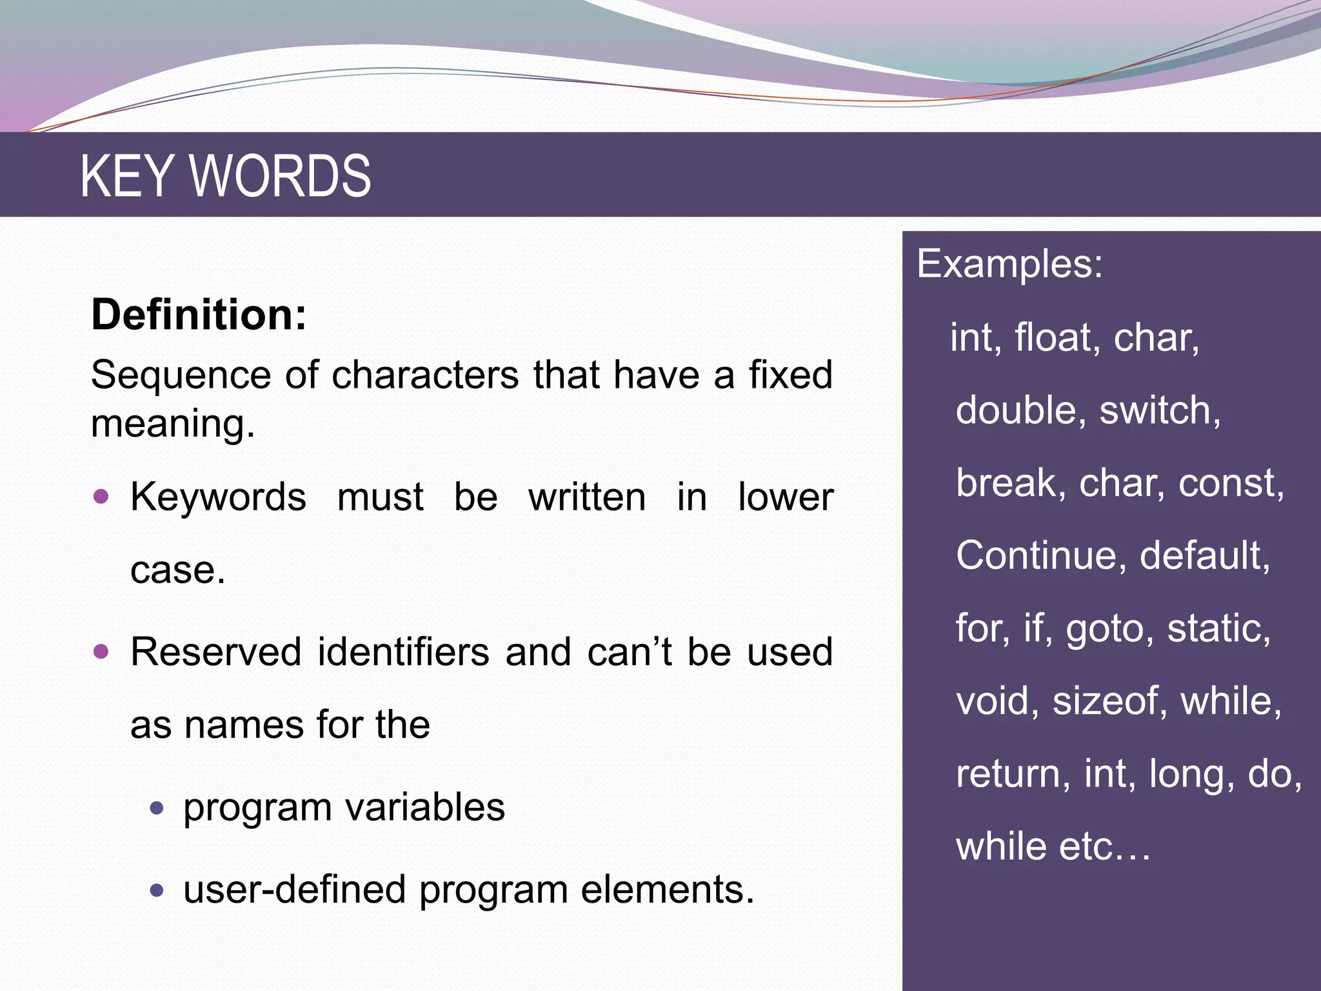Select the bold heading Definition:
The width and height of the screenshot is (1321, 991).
pyautogui.click(x=199, y=315)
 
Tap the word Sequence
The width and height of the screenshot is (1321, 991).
pyautogui.click(x=181, y=375)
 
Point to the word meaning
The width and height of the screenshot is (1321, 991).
pyautogui.click(x=173, y=425)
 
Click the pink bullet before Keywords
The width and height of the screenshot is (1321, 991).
pyautogui.click(x=101, y=497)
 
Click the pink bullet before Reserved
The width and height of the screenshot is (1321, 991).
pyautogui.click(x=101, y=651)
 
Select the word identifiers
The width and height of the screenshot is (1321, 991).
pyautogui.click(x=403, y=652)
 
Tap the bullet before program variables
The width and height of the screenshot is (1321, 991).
pyautogui.click(x=157, y=807)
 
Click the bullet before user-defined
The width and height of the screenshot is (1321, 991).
pyautogui.click(x=157, y=891)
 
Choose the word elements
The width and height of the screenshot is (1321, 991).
pyautogui.click(x=667, y=890)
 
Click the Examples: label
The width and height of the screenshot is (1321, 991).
pyautogui.click(x=1009, y=264)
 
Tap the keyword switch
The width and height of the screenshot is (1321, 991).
pyautogui.click(x=1159, y=410)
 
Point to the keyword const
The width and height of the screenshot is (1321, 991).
pyautogui.click(x=1230, y=483)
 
